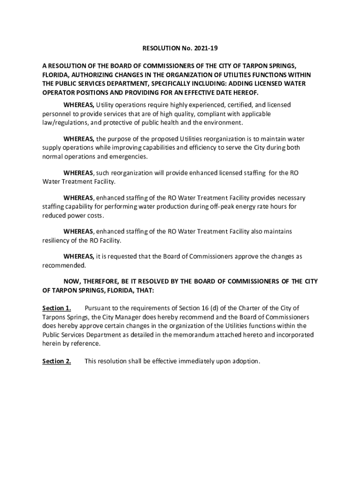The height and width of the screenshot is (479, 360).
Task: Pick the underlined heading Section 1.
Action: (x=57, y=308)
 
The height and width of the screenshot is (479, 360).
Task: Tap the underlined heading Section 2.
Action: (x=57, y=361)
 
